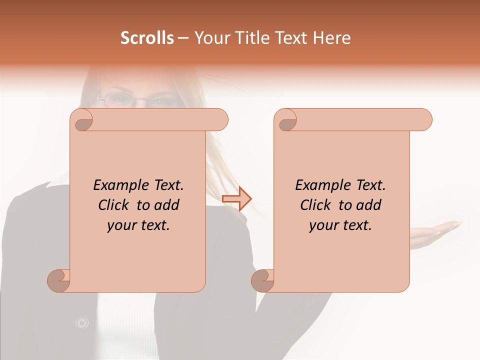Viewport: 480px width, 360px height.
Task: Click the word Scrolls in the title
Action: [147, 38]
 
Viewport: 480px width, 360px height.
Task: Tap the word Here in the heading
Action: [332, 38]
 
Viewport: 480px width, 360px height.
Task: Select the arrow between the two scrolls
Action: [236, 198]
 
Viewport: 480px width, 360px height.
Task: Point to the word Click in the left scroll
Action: [113, 205]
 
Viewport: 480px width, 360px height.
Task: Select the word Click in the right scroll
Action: [315, 205]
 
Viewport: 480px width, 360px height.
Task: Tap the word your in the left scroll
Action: [121, 225]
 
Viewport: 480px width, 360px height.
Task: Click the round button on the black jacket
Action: [81, 323]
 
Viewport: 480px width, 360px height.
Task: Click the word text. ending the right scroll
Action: [357, 225]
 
